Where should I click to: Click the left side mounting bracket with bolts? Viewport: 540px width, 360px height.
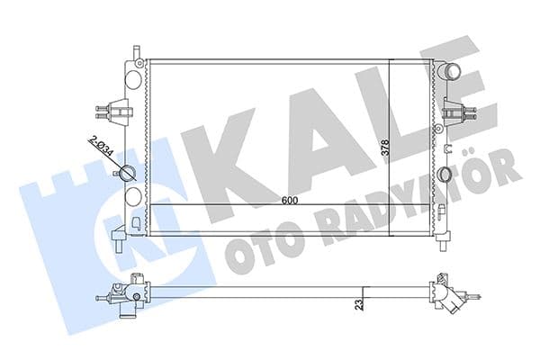[x=106, y=111]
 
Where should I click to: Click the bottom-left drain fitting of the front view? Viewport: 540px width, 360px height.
[x=120, y=238]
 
